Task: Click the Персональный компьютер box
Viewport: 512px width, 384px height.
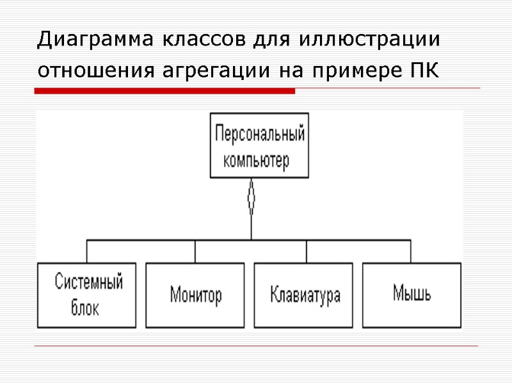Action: click(x=260, y=145)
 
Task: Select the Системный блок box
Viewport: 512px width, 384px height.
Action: click(x=87, y=294)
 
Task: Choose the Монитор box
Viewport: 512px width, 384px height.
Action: click(x=195, y=294)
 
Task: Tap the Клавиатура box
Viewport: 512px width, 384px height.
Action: click(x=305, y=294)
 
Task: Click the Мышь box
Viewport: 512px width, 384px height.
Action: click(x=412, y=294)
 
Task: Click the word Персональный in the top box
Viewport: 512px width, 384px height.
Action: click(x=260, y=136)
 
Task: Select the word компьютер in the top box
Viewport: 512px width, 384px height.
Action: click(x=257, y=160)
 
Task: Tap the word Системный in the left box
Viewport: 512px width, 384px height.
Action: click(x=88, y=282)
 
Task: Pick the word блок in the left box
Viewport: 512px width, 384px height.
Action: click(x=84, y=308)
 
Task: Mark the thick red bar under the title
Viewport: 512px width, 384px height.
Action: click(x=164, y=92)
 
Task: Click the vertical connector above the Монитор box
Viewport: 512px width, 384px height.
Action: click(x=195, y=251)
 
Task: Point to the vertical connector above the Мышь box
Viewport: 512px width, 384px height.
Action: click(x=410, y=251)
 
